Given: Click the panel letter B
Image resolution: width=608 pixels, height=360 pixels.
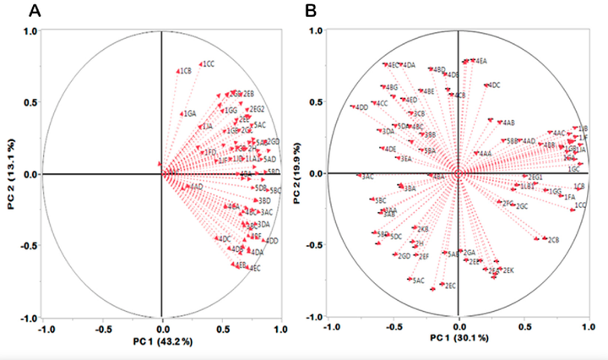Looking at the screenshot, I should point(311,10).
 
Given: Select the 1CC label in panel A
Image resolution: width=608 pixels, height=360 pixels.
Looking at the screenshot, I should point(208,64).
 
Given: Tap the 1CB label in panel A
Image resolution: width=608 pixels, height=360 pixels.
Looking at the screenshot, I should point(186,72).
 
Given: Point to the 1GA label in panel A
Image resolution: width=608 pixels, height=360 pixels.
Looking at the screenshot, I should point(190,113).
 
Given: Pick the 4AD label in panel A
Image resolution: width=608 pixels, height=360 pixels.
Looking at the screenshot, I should point(196,186).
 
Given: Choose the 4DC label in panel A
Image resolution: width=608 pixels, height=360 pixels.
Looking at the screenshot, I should point(225,239).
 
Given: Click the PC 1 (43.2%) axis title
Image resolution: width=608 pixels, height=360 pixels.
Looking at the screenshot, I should point(161,341).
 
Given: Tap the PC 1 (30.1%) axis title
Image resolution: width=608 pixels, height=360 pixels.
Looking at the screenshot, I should point(459,339).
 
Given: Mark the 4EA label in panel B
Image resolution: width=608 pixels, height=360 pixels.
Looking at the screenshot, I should point(481,61).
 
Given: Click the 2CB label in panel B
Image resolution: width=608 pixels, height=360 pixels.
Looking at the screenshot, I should point(554,240).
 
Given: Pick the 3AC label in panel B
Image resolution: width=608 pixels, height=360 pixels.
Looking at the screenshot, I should point(367,177).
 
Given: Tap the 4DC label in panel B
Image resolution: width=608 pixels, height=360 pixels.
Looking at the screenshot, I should point(494,85).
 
